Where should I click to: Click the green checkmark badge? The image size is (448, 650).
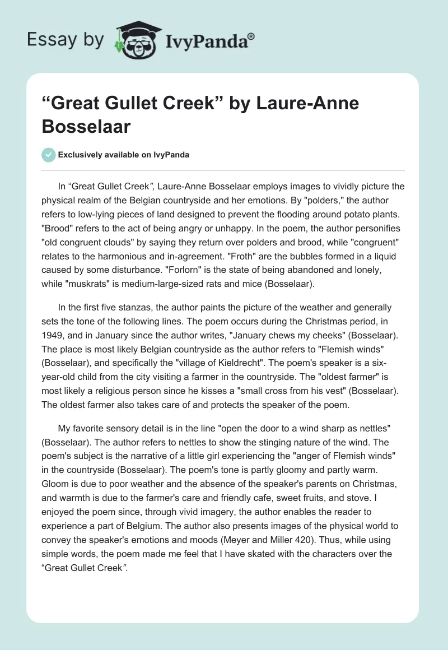[48, 155]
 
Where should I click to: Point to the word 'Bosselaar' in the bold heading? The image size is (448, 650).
[86, 126]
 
